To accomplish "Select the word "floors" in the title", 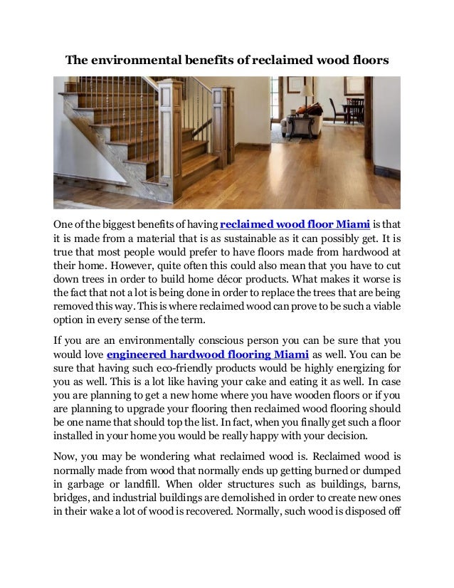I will tap(369, 61).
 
